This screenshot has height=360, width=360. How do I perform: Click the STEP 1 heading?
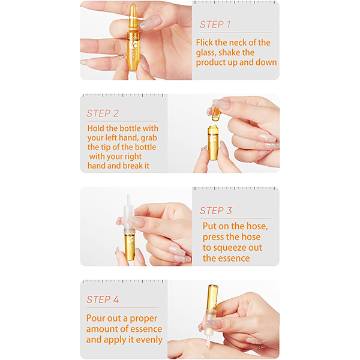pos(215,25)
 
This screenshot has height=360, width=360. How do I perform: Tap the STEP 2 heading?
pos(103,113)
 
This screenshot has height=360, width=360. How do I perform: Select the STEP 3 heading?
pos(216,211)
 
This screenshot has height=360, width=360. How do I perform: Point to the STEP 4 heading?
pos(103,299)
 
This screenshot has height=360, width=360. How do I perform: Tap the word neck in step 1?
pos(238,43)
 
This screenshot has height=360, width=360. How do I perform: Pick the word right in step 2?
pos(132,157)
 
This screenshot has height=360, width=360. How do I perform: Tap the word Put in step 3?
pos(209,226)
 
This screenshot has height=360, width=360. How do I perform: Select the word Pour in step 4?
pos(95,319)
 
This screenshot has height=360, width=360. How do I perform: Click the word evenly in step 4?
pos(149,340)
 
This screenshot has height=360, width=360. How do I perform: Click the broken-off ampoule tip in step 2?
pos(215,113)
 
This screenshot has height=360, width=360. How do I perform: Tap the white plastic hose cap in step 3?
pos(128,215)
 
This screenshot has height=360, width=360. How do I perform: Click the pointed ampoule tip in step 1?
pos(133,11)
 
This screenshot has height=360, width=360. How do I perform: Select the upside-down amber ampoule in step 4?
pos(212,298)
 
